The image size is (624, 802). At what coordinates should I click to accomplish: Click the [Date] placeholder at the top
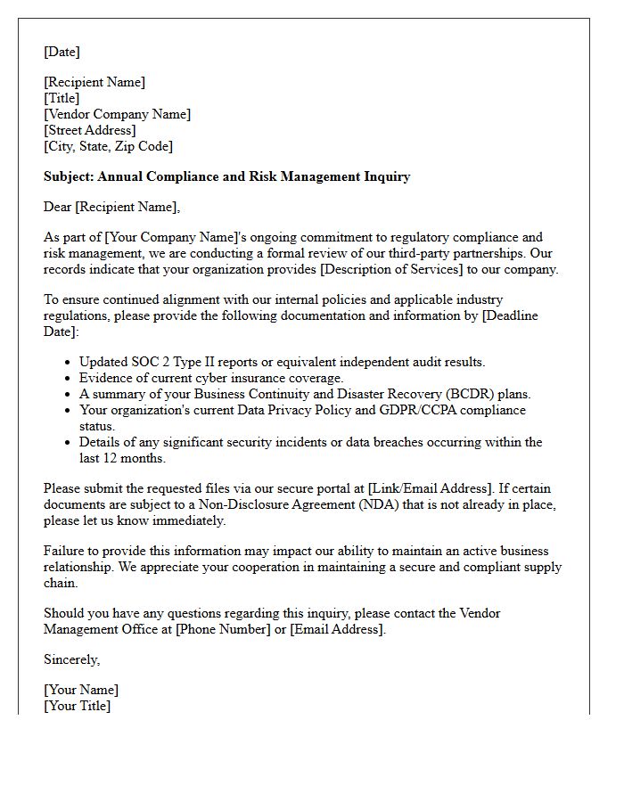pos(62,53)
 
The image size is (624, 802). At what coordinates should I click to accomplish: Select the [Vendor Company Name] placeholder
pos(117,114)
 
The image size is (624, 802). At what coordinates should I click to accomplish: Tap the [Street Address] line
pos(90,130)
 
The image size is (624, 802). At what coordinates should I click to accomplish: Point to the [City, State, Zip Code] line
pos(108,146)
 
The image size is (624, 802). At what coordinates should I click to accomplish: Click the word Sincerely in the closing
pos(71,659)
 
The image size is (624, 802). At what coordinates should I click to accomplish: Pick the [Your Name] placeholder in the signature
pos(81,690)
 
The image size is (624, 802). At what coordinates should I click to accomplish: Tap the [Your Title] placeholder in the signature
pos(78,706)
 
